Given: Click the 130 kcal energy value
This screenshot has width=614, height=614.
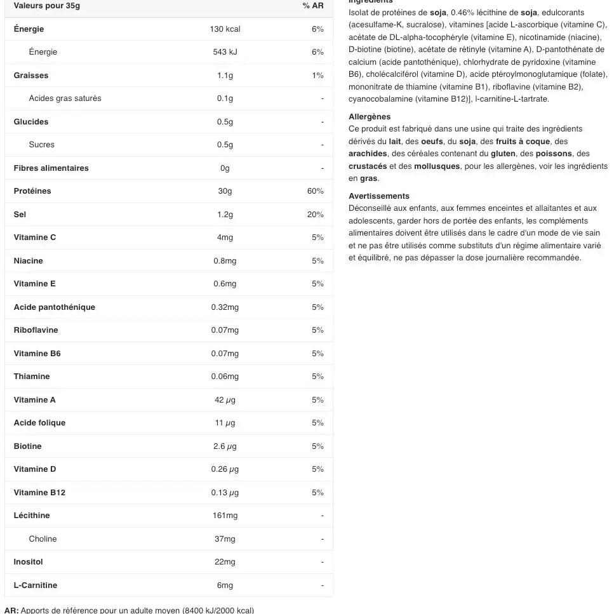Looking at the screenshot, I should click(225, 29).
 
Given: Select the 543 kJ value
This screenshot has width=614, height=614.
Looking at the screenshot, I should click(225, 52).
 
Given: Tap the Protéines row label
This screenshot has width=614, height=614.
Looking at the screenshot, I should click(32, 191).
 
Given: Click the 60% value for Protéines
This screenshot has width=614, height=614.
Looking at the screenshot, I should click(316, 191).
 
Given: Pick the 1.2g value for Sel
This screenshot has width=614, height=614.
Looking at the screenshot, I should click(225, 215).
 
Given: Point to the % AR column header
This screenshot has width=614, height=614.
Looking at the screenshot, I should click(313, 6).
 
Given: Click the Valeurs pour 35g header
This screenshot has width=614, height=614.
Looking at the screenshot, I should click(47, 6).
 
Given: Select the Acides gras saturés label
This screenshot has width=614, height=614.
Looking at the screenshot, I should click(65, 98).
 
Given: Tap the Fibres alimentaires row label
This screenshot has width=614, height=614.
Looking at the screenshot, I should click(51, 168).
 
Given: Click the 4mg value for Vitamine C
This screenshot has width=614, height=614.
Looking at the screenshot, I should click(225, 237).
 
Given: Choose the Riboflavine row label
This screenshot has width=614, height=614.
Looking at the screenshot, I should click(36, 330).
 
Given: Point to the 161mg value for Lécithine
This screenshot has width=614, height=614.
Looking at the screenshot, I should click(225, 516).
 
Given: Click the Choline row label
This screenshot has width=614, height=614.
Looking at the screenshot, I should click(43, 539).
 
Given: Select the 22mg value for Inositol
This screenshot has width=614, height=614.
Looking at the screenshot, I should click(225, 562).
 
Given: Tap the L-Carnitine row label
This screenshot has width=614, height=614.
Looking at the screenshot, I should click(36, 585).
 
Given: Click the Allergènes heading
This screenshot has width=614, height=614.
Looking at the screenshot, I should click(370, 117).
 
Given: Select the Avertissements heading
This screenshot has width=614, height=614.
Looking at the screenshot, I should click(379, 196).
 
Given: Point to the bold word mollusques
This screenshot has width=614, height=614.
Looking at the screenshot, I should click(437, 166).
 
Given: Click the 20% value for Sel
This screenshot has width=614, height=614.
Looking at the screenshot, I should click(316, 215).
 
